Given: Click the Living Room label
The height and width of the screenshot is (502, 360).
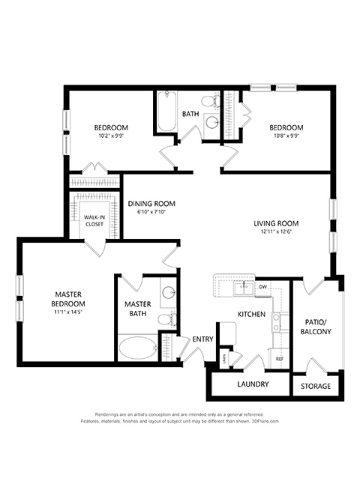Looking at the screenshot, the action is click(276, 223).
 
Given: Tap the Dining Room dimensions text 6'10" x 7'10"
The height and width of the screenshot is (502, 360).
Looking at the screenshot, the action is click(151, 212).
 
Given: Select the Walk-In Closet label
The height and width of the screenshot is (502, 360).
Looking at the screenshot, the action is click(94, 221).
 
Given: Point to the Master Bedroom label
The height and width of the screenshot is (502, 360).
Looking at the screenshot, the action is click(68, 299).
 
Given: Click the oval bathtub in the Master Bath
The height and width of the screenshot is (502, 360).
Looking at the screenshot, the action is click(138, 348).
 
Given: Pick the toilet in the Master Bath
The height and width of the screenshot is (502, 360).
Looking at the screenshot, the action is click(167, 319).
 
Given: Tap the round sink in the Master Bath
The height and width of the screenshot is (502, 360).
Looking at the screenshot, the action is click(168, 293).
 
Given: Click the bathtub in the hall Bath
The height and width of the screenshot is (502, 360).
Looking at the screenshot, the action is click(167, 111).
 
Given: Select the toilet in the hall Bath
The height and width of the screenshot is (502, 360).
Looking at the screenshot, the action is click(211, 101).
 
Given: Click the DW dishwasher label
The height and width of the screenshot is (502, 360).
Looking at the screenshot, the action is click(262, 286).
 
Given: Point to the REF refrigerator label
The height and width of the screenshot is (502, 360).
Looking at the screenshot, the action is click(280, 359).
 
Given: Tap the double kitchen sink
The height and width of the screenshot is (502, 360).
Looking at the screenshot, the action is click(244, 288).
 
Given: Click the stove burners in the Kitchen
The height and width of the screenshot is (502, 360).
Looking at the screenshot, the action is click(276, 322).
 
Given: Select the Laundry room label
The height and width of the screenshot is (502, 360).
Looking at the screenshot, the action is click(253, 384).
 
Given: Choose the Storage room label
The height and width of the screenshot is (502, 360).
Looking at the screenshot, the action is click(316, 387).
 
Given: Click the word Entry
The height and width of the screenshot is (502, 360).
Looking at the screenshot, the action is click(202, 339).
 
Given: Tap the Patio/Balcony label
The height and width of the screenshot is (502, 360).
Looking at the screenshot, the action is click(316, 327).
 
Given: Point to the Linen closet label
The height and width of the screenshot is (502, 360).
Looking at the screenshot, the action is click(225, 359).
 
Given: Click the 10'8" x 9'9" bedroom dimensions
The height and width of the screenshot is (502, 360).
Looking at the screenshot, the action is click(286, 136).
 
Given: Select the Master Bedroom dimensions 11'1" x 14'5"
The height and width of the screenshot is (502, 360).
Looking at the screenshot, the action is click(68, 312).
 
